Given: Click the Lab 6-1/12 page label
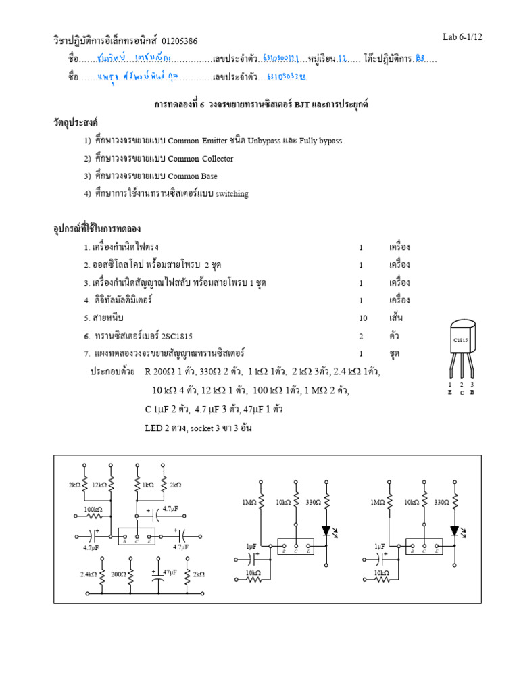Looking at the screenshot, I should tap(462, 36).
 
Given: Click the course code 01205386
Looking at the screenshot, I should tap(180, 41).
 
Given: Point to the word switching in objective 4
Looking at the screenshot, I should tap(232, 194).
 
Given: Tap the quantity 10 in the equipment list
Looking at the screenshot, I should tap(362, 318).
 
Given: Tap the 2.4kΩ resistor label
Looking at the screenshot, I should tap(87, 574).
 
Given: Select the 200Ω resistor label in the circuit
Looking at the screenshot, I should tap(119, 574).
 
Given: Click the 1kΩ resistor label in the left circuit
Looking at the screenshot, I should tap(147, 485).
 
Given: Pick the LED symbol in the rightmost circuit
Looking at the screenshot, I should tap(455, 531).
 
